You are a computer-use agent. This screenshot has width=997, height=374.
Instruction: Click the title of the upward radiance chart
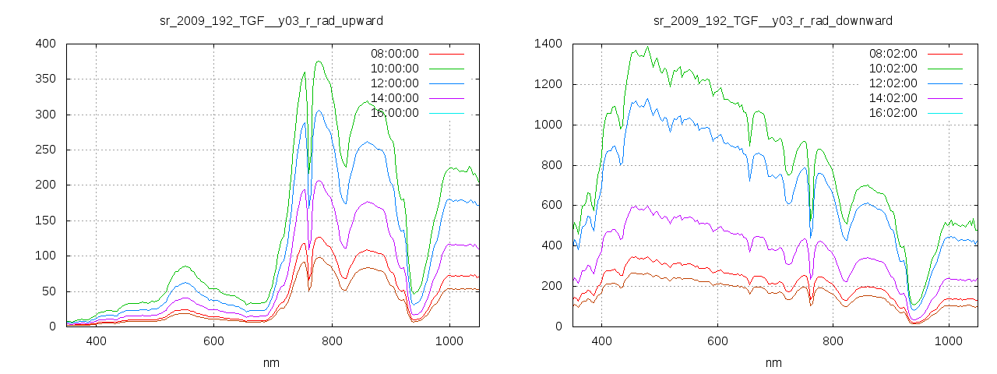coord(271,20)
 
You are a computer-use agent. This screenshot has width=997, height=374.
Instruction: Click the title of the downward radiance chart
coord(773,20)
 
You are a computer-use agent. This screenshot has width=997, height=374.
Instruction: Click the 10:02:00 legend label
coord(893,69)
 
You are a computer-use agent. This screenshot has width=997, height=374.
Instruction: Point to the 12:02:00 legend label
coord(893,83)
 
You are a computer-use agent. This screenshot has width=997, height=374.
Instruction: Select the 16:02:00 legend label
coord(893,113)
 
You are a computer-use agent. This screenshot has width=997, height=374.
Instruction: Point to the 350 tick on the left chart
coord(45,79)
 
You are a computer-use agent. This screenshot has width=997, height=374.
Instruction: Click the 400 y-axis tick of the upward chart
coord(45,44)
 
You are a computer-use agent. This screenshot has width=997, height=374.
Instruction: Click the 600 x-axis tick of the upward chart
coord(214,341)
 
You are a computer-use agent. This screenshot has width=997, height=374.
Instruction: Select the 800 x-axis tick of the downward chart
coord(833,341)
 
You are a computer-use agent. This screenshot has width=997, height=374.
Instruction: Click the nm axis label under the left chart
coord(271,363)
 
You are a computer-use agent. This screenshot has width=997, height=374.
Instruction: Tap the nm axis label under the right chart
coord(773,363)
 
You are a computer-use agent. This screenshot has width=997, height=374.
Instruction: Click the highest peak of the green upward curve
coord(319,62)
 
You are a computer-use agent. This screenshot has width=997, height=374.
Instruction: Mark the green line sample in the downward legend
coord(943,69)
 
